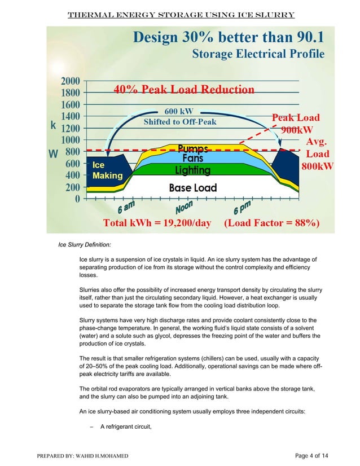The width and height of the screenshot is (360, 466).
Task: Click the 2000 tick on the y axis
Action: click(70, 80)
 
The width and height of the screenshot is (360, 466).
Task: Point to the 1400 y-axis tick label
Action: click(70, 116)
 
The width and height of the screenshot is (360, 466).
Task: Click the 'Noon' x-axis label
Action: click(185, 208)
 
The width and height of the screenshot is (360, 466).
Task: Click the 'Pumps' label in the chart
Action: click(193, 148)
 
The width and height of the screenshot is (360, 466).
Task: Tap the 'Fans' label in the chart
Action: click(192, 159)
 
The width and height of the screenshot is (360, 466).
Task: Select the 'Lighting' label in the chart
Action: click(192, 170)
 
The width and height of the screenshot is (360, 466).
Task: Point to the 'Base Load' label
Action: click(193, 187)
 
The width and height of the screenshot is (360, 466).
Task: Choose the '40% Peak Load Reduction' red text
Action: click(185, 89)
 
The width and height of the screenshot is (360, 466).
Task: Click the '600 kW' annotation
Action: click(180, 111)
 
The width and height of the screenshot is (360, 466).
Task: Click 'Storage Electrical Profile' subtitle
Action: click(258, 55)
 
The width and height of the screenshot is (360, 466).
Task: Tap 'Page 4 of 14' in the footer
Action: click(318, 455)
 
